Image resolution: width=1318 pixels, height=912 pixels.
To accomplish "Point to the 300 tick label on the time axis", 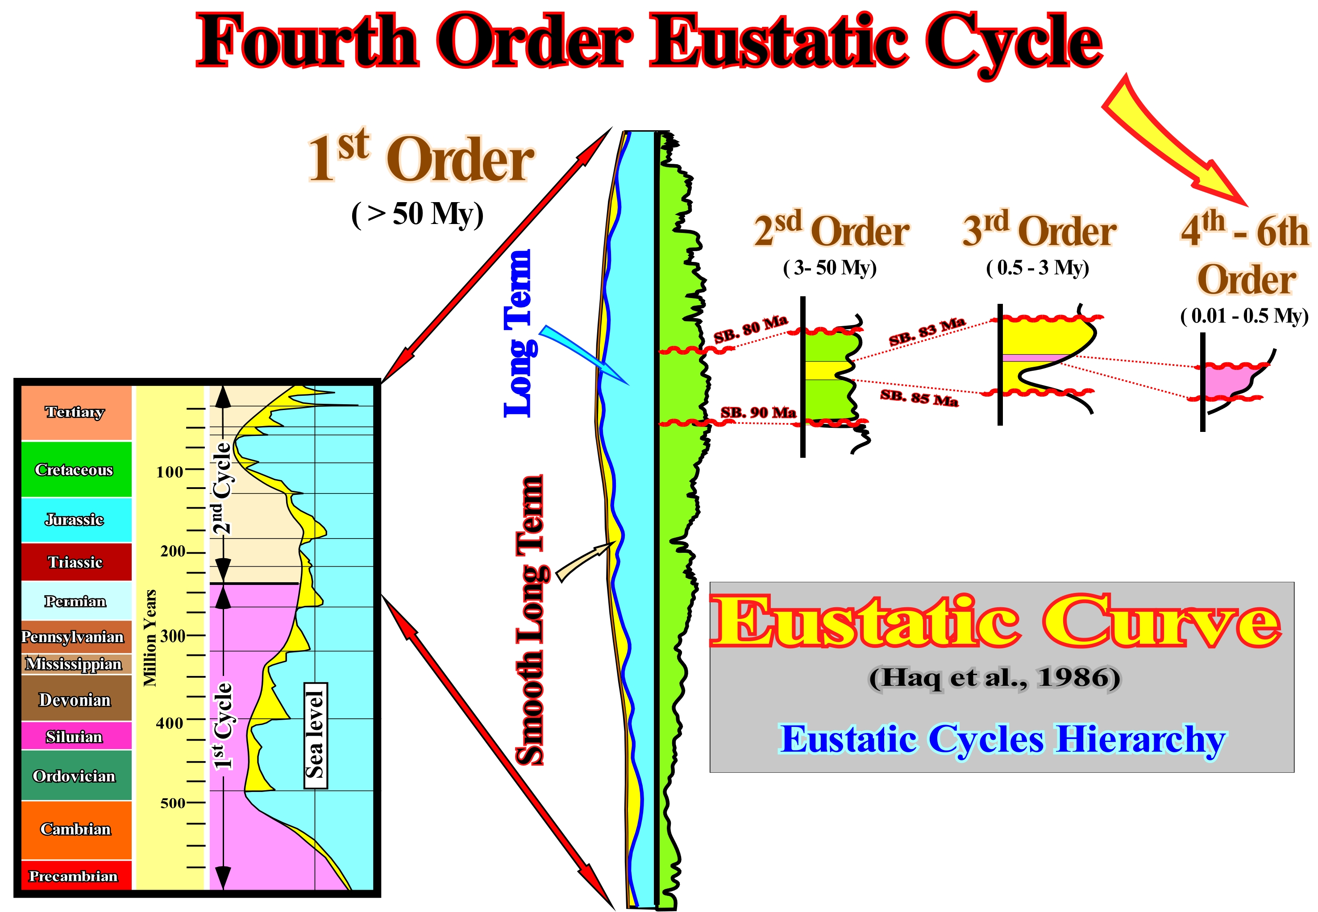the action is (172, 636).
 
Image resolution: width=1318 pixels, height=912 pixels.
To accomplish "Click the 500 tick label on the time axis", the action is (172, 803).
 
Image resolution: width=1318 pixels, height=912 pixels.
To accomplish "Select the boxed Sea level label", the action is (316, 735).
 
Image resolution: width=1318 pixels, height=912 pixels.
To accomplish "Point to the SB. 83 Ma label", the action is (927, 332).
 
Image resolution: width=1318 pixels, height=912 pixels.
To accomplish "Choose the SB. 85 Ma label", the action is (919, 397).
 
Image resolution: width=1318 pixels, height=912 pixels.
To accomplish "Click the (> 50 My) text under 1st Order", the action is (418, 214).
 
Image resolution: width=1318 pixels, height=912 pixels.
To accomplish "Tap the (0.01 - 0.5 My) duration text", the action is (1245, 315).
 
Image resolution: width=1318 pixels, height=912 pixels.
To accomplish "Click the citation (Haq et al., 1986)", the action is (994, 678).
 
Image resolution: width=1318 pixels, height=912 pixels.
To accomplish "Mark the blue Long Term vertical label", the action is (518, 333).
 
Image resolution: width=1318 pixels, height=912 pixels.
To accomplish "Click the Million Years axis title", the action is (150, 638).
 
